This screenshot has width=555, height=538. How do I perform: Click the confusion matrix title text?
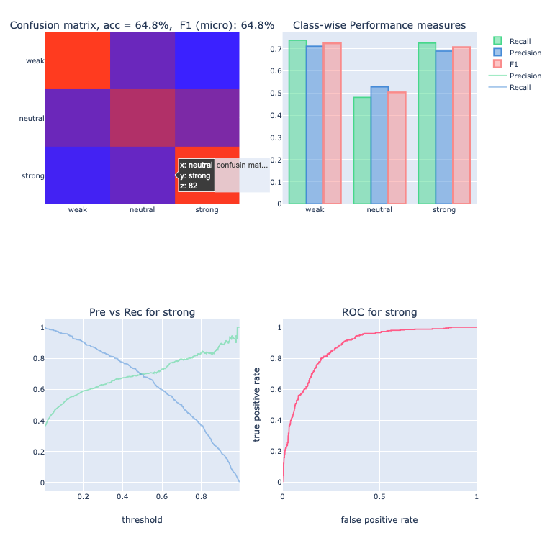tap(142, 25)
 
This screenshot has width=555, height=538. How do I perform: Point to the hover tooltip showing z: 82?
tap(196, 175)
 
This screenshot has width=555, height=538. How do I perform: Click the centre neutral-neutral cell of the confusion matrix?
tap(143, 117)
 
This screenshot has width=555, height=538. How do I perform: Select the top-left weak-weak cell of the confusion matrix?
tap(78, 60)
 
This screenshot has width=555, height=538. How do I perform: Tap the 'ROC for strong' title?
tap(379, 312)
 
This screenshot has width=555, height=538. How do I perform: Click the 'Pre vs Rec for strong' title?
tap(142, 312)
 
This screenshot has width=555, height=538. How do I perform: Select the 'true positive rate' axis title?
tap(257, 405)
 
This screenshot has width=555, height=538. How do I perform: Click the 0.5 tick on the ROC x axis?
tap(379, 496)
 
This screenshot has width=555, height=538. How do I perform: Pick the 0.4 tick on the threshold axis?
tap(122, 496)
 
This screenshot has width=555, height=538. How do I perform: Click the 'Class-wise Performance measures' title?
tap(379, 25)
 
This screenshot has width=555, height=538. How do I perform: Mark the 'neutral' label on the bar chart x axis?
tap(379, 210)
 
